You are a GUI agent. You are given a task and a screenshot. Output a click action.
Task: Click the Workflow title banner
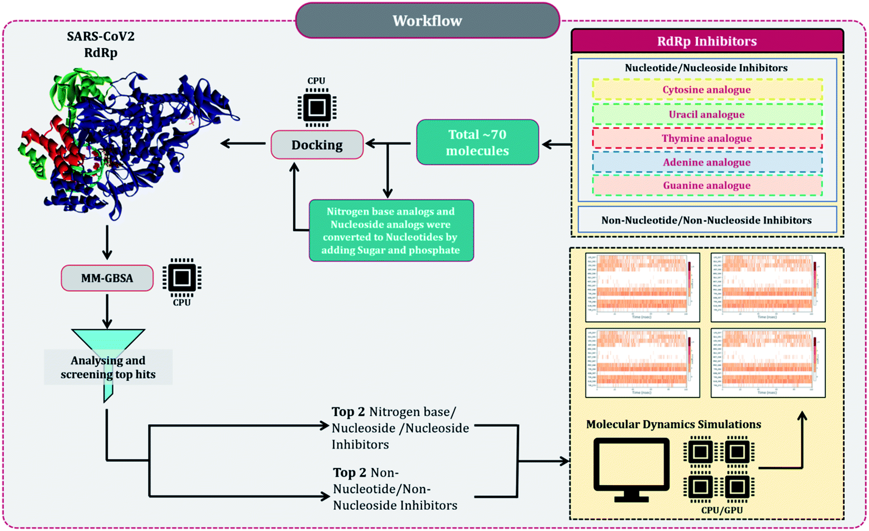point(427,21)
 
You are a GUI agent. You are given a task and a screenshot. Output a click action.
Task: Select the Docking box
point(317,145)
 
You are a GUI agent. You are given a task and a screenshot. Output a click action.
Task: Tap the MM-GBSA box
point(107,278)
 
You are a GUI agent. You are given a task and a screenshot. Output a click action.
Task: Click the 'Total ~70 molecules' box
point(477,142)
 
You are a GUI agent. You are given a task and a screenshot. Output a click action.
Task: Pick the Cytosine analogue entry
point(707,90)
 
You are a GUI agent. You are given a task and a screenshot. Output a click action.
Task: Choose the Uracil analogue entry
point(707,114)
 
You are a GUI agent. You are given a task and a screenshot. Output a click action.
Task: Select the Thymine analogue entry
point(707,138)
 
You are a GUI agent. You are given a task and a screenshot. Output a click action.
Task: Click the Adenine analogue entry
point(707,162)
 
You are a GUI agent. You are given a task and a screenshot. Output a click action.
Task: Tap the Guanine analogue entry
point(707,186)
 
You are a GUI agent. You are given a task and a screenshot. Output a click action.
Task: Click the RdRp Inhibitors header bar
point(707,41)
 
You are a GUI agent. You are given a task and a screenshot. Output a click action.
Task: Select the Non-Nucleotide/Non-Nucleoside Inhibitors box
point(707,220)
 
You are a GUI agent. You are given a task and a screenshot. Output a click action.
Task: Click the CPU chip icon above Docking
point(317,108)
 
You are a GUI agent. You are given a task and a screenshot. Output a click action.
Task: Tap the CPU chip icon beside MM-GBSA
point(182,278)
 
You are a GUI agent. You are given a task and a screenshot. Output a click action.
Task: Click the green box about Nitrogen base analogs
point(391,230)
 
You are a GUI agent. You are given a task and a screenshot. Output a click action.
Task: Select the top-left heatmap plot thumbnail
point(642,287)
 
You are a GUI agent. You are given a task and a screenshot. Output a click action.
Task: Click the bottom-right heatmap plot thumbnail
point(768,363)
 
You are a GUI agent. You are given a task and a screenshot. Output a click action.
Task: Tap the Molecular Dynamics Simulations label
point(673,424)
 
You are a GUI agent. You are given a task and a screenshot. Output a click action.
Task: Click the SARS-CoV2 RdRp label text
point(100,44)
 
